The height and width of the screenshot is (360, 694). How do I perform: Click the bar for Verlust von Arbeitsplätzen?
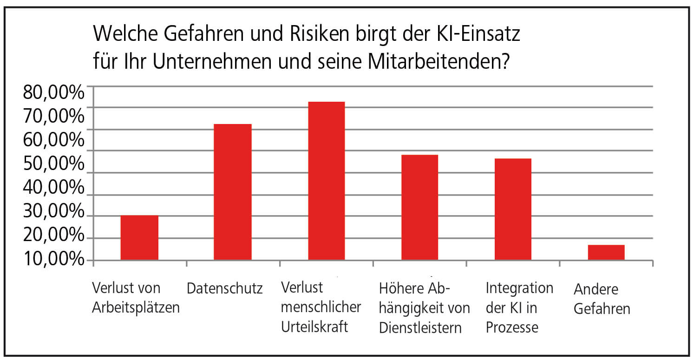pyautogui.click(x=139, y=237)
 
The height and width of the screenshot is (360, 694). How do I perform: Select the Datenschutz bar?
pyautogui.click(x=232, y=192)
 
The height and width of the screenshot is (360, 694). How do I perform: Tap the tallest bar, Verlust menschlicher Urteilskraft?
pyautogui.click(x=326, y=181)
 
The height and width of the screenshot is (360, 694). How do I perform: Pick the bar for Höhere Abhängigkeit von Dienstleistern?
pyautogui.click(x=419, y=207)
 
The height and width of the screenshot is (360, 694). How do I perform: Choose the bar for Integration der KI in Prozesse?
pyautogui.click(x=513, y=209)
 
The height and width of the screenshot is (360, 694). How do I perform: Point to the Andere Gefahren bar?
pyautogui.click(x=606, y=252)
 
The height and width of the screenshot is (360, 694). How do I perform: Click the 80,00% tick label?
pyautogui.click(x=53, y=92)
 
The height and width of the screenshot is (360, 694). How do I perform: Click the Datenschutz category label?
pyautogui.click(x=225, y=289)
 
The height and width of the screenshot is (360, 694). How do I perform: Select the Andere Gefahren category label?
pyautogui.click(x=602, y=299)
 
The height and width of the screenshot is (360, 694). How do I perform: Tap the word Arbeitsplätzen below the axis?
pyautogui.click(x=136, y=308)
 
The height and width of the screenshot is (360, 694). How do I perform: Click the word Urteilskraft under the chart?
pyautogui.click(x=314, y=327)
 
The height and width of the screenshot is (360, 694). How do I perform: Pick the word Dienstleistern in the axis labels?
pyautogui.click(x=420, y=328)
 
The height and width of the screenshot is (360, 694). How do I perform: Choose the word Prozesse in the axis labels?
pyautogui.click(x=512, y=327)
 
